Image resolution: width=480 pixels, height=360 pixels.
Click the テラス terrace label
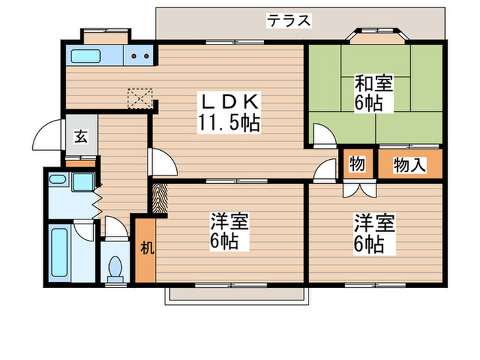(x=289, y=21)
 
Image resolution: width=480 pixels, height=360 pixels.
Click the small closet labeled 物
(x=357, y=165)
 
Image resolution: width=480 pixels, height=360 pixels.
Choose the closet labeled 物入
(x=410, y=165)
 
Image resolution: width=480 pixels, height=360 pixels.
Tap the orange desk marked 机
(x=145, y=249)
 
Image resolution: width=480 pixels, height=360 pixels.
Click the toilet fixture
(x=115, y=267)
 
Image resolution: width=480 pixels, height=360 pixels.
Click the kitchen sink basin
(x=86, y=56)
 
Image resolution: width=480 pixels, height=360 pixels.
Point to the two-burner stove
(x=141, y=57)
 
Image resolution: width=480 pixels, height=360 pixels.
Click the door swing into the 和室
(x=322, y=134)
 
